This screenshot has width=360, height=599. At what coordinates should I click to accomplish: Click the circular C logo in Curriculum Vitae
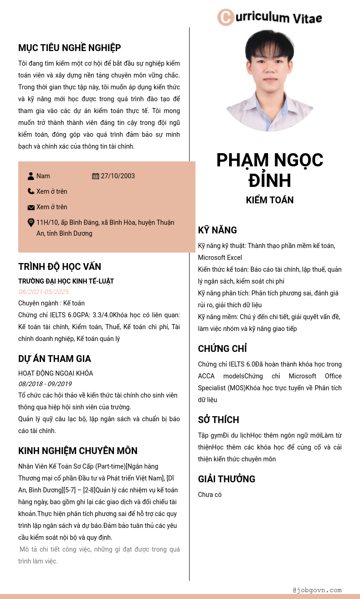[226, 17]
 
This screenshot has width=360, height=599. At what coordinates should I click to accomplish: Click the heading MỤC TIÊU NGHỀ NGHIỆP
[69, 48]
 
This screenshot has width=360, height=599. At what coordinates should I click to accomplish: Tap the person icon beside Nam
[31, 176]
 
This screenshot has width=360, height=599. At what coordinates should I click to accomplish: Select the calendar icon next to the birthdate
[96, 176]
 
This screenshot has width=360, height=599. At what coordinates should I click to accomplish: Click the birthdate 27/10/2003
[118, 176]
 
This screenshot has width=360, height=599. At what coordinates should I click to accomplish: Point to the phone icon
[31, 191]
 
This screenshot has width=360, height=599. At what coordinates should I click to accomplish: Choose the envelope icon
[31, 207]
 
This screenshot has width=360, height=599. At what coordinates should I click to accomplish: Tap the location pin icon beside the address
[31, 222]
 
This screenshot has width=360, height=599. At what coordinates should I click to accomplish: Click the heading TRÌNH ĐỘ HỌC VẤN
[60, 267]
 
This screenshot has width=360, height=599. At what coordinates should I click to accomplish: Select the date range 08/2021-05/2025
[44, 292]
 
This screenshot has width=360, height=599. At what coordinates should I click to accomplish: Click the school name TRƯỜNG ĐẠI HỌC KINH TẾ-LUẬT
[66, 281]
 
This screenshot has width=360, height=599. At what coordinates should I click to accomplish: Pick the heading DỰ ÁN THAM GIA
[55, 359]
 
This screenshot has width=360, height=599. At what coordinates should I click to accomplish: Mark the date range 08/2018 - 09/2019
[45, 384]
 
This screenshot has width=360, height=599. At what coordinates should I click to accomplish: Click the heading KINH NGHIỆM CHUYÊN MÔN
[78, 451]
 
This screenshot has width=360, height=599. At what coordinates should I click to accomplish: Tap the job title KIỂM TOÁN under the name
[270, 200]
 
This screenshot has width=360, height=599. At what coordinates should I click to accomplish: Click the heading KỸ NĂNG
[217, 230]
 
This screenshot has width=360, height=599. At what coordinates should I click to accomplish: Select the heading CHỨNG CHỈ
[222, 349]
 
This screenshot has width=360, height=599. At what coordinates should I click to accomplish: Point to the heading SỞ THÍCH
[218, 420]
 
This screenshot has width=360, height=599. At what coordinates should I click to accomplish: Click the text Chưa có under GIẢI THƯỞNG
[210, 495]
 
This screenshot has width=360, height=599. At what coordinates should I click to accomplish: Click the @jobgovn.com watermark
[317, 590]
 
